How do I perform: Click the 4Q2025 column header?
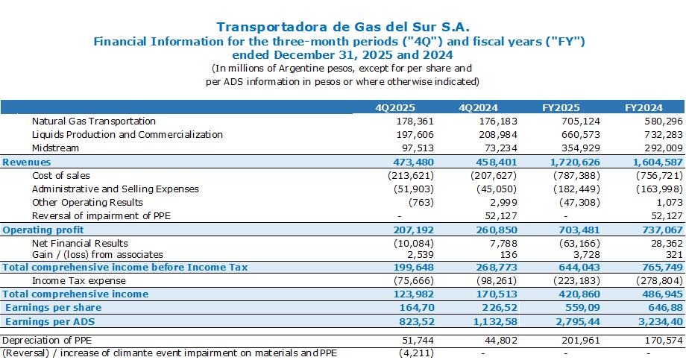pyautogui.click(x=395, y=107)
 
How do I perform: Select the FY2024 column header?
pyautogui.click(x=643, y=107)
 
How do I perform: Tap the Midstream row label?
pyautogui.click(x=56, y=148)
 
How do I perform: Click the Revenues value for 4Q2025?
pyautogui.click(x=413, y=162)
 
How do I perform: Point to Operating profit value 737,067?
pyautogui.click(x=662, y=230)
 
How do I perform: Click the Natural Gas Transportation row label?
pyautogui.click(x=94, y=121)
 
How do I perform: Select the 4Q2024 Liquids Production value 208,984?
pyautogui.click(x=498, y=134)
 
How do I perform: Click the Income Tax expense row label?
pyautogui.click(x=79, y=281)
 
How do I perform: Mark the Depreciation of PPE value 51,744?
pyautogui.click(x=418, y=341)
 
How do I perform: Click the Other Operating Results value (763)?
pyautogui.click(x=421, y=203)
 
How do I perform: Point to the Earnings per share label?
pyautogui.click(x=54, y=308)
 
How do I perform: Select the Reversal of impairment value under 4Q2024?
pyautogui.click(x=501, y=216)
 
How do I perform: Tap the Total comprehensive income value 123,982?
pyautogui.click(x=413, y=294)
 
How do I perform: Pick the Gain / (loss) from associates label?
pyautogui.click(x=98, y=255)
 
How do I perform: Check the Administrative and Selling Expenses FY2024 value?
pyautogui.click(x=659, y=189)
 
